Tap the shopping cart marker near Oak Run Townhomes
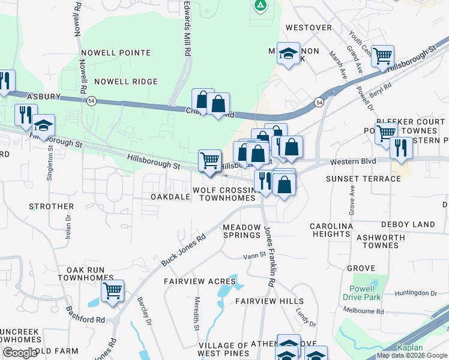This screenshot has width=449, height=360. tap(112, 292)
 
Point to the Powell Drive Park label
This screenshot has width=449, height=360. tap(366, 293)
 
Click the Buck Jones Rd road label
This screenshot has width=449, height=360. tap(183, 250)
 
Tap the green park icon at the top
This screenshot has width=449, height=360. tap(260, 6)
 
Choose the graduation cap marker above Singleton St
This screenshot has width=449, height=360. tap(43, 126)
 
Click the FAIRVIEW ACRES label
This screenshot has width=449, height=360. tap(194, 281)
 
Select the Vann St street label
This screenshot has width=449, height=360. tap(254, 256)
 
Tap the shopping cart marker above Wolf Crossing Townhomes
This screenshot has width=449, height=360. tap(209, 161)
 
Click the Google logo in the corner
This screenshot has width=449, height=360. tap(20, 353)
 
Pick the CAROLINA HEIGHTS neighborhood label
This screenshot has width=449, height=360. tap(331, 230)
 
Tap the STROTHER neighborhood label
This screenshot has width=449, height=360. tap(51, 206)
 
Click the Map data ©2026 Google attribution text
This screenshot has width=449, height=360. tap(412, 355)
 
